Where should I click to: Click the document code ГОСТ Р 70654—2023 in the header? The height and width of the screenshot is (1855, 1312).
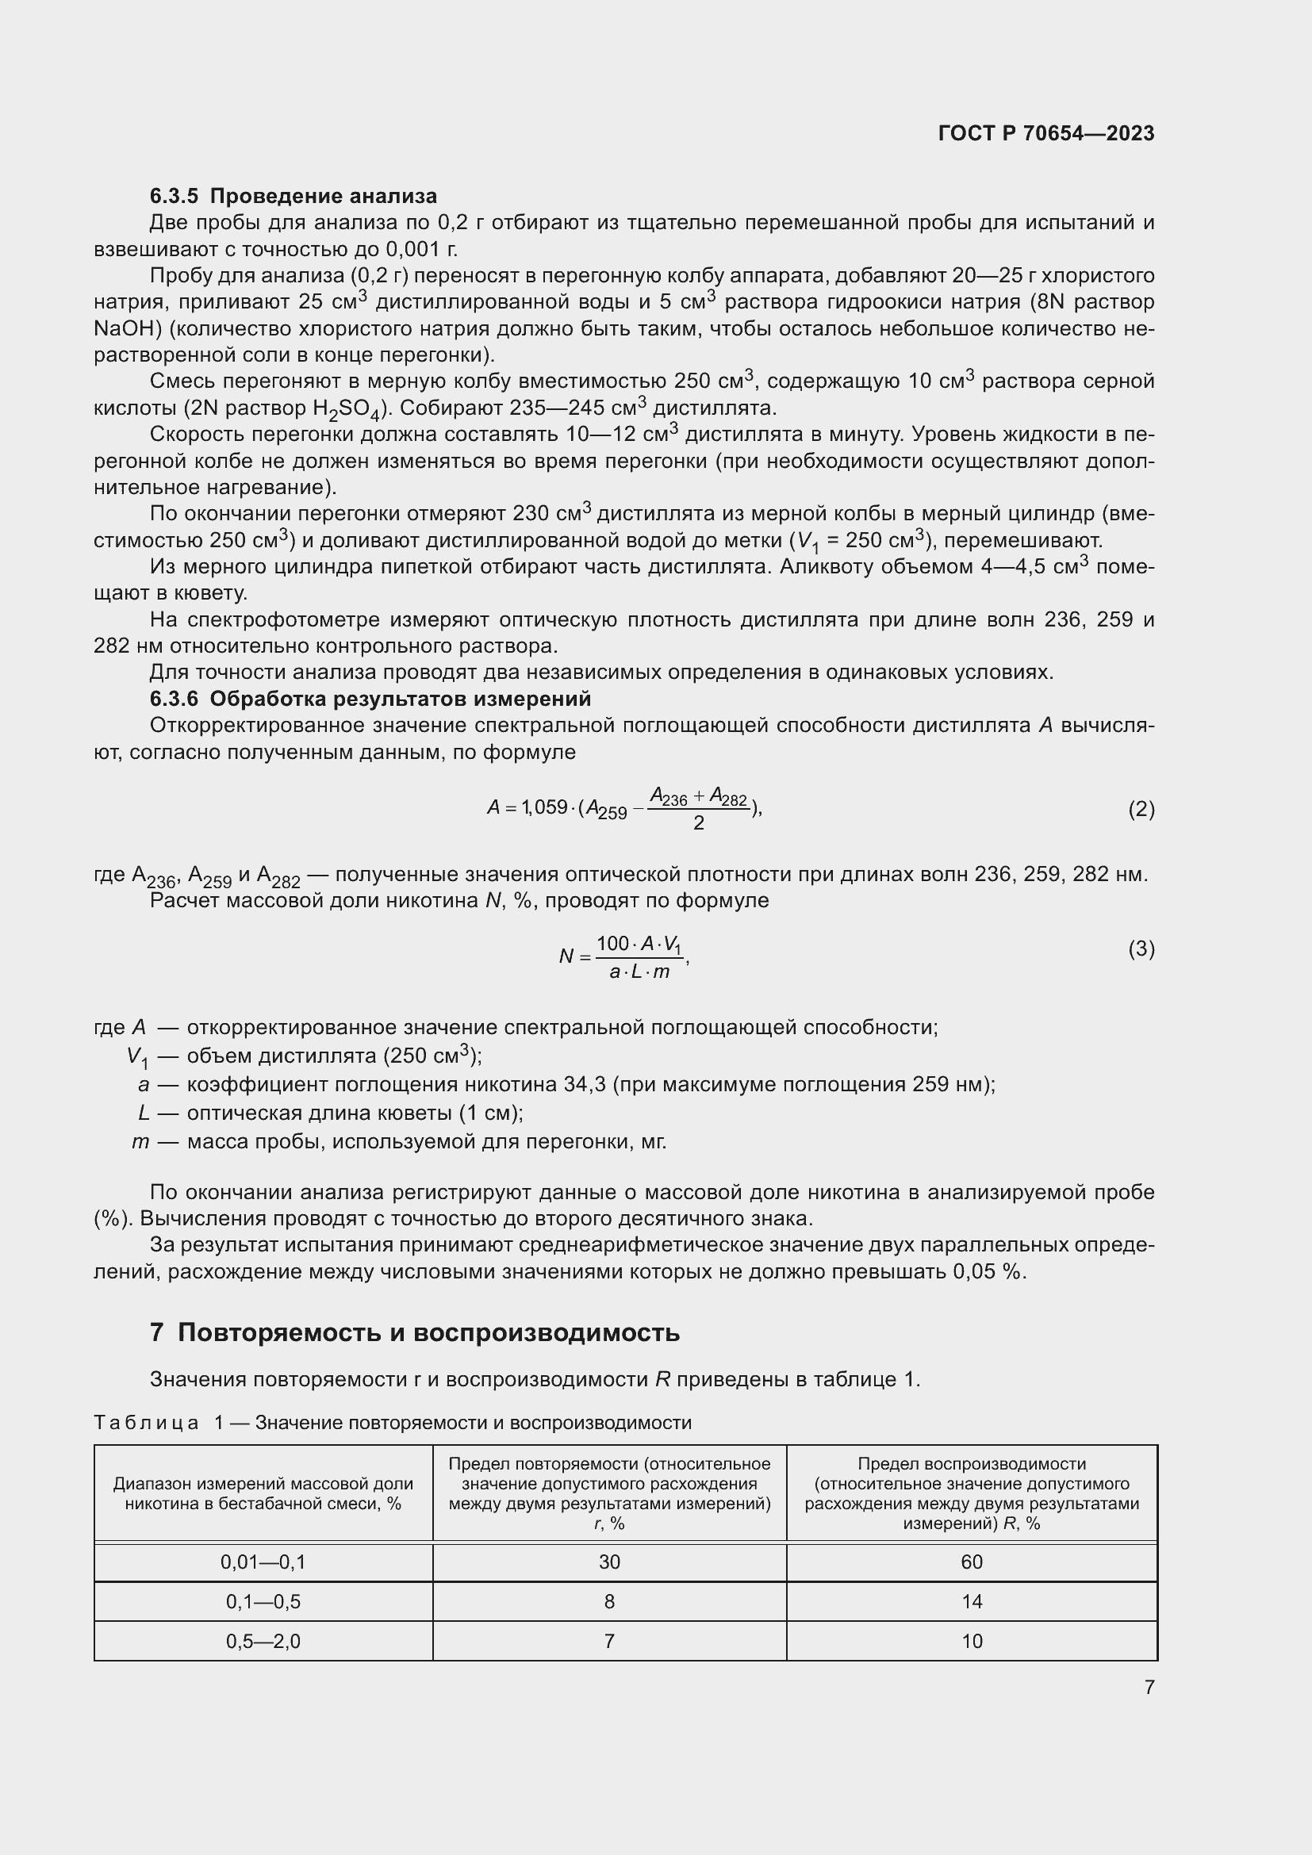coord(1046,133)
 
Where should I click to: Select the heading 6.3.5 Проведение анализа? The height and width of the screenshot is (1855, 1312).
coord(293,196)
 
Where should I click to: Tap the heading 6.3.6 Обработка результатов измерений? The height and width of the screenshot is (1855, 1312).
coord(370,698)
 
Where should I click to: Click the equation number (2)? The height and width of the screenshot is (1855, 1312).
coord(1141,809)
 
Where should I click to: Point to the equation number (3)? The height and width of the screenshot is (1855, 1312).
coord(1141,949)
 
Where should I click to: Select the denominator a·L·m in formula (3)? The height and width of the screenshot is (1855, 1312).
coord(639,972)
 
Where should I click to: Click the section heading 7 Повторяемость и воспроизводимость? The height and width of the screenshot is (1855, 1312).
coord(414,1332)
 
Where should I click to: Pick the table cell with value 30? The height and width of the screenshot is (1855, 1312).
coord(609,1562)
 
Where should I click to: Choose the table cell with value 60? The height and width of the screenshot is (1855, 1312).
coord(971,1562)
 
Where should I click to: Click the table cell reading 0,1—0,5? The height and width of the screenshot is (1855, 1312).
coord(263,1601)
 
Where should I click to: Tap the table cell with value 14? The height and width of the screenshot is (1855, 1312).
coord(971,1601)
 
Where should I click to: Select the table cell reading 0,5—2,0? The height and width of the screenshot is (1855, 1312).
coord(263,1641)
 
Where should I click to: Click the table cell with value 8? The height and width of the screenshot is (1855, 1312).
coord(609,1601)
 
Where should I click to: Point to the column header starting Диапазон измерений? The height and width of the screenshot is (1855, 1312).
coord(263,1493)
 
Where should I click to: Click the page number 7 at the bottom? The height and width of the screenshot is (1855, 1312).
coord(1149,1687)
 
